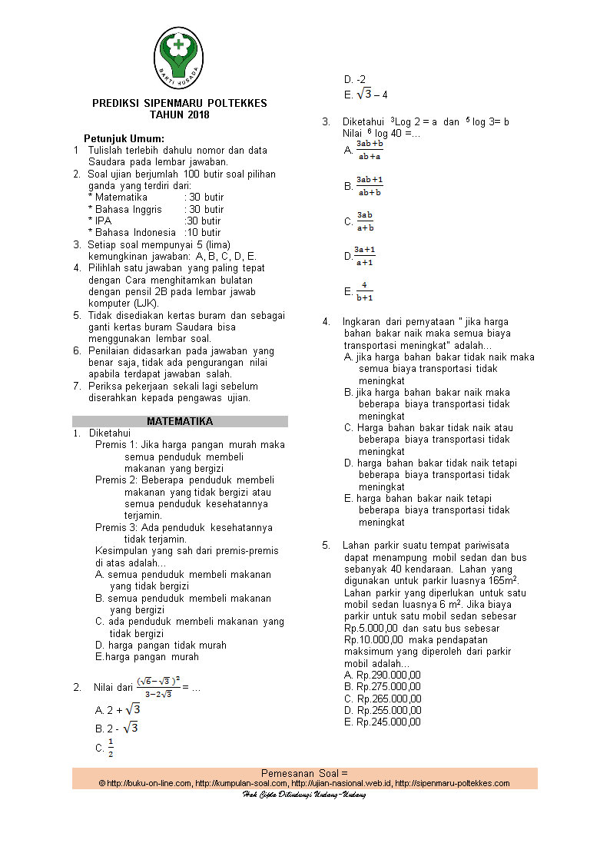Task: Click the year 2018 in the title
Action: point(197,115)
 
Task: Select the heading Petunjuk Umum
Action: point(124,138)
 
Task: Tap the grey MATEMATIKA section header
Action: point(180,421)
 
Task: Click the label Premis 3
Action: point(115,527)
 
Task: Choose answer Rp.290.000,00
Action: point(383,675)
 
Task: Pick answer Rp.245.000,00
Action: point(383,722)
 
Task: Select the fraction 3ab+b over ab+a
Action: point(370,150)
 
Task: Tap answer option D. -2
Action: point(355,79)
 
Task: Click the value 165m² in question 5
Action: point(499,581)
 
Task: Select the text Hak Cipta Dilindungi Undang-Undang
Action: point(304,794)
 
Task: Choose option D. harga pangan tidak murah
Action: point(161,645)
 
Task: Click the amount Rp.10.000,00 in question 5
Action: point(373,639)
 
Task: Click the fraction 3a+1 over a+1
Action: point(365,256)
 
